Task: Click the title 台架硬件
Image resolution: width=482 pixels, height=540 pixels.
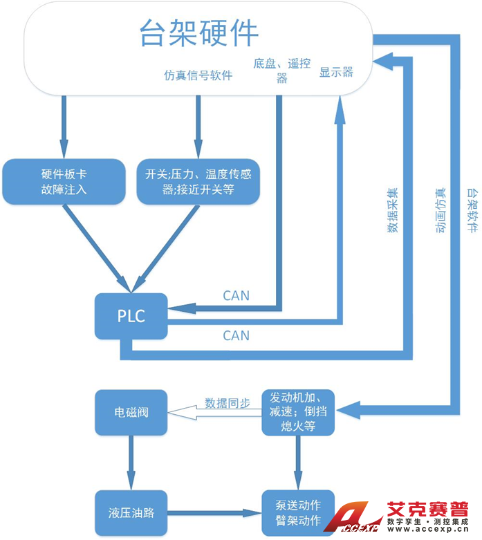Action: pyautogui.click(x=199, y=32)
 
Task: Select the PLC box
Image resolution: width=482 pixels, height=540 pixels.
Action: pyautogui.click(x=131, y=316)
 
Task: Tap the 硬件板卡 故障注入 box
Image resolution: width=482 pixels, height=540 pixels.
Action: pyautogui.click(x=64, y=181)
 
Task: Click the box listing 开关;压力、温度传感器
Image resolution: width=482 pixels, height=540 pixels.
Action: pyautogui.click(x=198, y=181)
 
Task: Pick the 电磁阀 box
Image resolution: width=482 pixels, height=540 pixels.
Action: pyautogui.click(x=131, y=413)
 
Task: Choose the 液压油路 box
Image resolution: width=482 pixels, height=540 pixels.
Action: pyautogui.click(x=131, y=513)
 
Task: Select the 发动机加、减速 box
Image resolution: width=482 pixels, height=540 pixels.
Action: pyautogui.click(x=298, y=413)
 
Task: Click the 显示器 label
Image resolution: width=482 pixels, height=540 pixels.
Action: pyautogui.click(x=336, y=72)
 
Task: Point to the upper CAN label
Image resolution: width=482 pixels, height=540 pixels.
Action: pyautogui.click(x=237, y=295)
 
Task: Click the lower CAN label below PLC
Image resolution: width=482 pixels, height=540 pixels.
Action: pyautogui.click(x=237, y=335)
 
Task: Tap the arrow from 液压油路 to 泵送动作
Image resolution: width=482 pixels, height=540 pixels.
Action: pyautogui.click(x=214, y=513)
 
